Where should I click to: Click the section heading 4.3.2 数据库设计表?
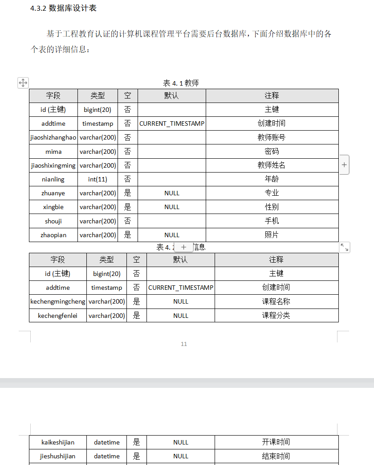(63, 8)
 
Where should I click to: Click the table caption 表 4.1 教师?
(181, 83)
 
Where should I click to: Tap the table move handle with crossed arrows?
(23, 82)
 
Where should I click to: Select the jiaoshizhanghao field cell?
(53, 138)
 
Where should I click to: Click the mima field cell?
(53, 152)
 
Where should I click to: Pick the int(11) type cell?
(98, 179)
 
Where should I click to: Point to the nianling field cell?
(53, 179)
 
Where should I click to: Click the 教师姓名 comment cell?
(272, 165)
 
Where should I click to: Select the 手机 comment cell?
(272, 221)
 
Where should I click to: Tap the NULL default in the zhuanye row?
(172, 193)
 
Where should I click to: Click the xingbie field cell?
(53, 207)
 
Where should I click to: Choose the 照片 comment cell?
(272, 235)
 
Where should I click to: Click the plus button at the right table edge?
(344, 165)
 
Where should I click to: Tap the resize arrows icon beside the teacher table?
(344, 247)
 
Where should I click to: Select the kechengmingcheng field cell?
(58, 301)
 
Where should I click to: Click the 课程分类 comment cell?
(276, 316)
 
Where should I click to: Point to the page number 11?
(184, 344)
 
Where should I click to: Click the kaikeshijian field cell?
(58, 442)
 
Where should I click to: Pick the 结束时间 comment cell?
(276, 456)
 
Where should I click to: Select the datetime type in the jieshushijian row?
(107, 456)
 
